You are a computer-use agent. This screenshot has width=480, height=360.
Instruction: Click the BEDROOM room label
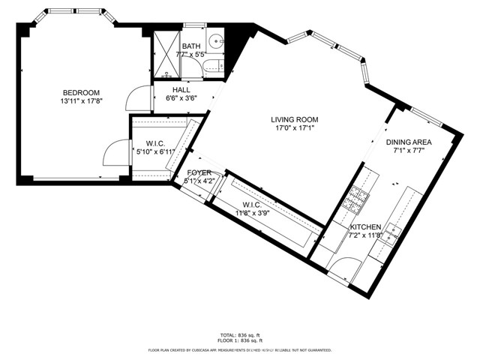coord(80,92)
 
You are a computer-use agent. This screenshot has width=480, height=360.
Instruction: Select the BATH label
coord(190,46)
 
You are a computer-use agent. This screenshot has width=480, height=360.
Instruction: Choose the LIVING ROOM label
coord(295,119)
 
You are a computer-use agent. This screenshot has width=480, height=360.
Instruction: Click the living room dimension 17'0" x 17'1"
coord(295,128)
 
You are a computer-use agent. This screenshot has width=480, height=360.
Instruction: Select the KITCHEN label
coord(367,227)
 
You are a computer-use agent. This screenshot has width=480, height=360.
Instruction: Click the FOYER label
coord(199,172)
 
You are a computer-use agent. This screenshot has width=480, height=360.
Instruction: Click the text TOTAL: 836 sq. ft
coord(239,335)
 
